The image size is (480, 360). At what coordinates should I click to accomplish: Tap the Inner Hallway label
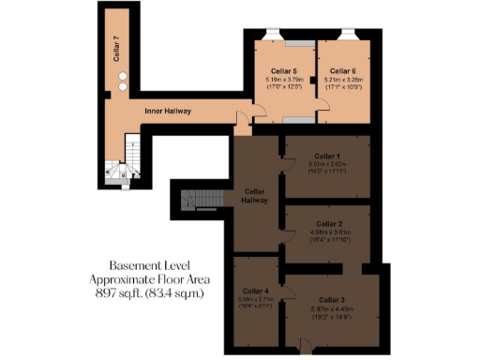point(168,111)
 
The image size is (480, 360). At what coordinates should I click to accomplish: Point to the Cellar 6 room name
point(341,71)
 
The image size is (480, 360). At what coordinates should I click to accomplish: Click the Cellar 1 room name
point(326,156)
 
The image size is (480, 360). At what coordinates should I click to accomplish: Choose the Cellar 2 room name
point(327,224)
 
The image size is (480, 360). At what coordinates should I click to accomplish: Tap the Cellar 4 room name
point(256,291)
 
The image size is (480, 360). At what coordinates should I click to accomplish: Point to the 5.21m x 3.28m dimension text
point(341,80)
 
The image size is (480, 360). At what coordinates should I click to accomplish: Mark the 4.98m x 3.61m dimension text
point(327,232)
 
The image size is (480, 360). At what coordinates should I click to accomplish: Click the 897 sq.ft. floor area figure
point(112,293)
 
